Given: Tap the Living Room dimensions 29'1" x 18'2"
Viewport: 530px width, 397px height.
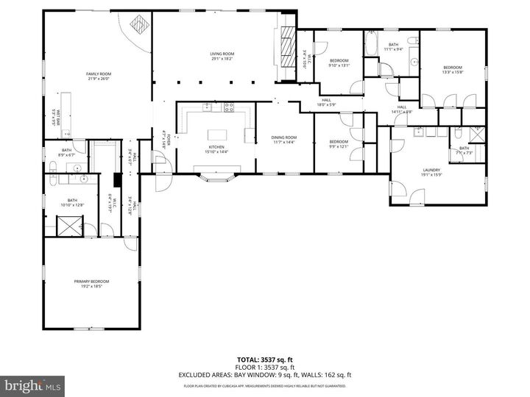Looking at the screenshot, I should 221,59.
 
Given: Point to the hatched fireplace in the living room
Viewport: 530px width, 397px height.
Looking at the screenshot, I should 287,49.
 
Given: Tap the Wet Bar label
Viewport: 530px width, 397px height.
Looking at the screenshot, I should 54,118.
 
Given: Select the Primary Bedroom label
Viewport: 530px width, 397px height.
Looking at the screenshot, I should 91,282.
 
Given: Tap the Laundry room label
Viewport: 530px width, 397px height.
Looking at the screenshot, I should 431,171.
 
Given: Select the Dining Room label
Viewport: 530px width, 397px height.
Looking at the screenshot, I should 283,137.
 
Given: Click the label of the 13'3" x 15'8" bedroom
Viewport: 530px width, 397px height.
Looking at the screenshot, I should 452,69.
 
